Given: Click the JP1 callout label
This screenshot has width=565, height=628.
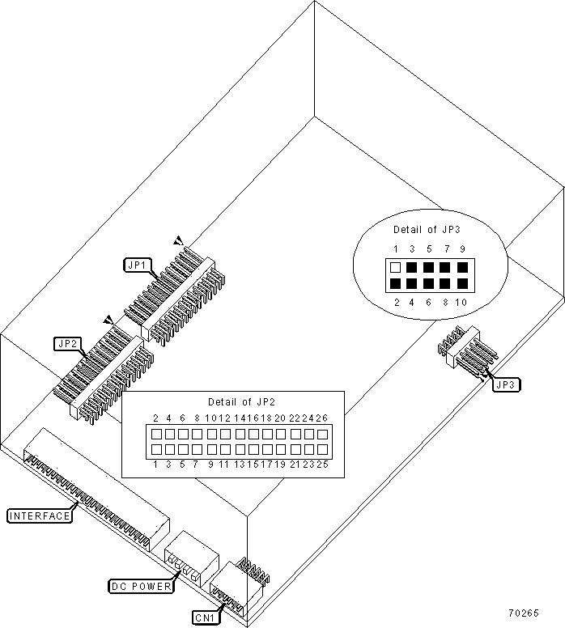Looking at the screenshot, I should coord(135,264).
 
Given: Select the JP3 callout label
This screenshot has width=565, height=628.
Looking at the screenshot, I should coord(503,384).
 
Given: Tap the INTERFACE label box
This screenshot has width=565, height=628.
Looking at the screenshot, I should coord(39,515).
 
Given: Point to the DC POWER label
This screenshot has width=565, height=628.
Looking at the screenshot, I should coord(141,585).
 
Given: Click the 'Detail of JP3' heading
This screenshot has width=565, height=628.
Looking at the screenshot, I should coord(427,229).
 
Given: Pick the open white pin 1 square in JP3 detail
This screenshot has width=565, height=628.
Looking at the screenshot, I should coord(395,267).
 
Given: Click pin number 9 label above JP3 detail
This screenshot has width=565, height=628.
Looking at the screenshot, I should coord(462,249).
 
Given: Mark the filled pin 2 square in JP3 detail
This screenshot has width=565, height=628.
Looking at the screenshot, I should coord(395,284).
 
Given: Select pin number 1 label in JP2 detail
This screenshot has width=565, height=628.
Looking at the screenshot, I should coord(155,465).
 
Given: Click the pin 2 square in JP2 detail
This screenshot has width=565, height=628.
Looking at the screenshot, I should coord(155,434).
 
